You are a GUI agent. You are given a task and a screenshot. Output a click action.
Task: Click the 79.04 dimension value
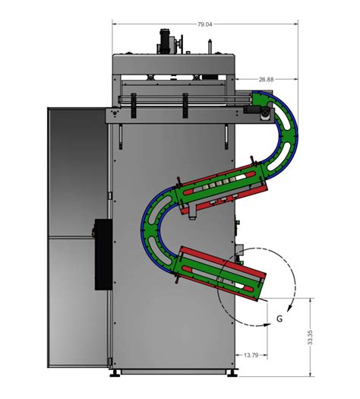[x=204, y=24]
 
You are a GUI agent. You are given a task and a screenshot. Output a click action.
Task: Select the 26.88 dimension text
[x=266, y=79]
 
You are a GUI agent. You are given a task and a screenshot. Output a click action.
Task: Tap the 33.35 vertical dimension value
[x=310, y=337]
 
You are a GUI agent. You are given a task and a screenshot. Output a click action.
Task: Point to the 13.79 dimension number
[x=251, y=355]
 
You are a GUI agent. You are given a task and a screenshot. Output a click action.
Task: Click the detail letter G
[x=279, y=318]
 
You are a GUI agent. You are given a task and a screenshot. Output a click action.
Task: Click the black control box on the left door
[x=103, y=254]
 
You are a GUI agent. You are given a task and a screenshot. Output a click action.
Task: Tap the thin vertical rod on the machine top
[x=210, y=46]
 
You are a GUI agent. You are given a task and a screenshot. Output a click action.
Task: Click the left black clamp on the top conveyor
[x=134, y=106]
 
